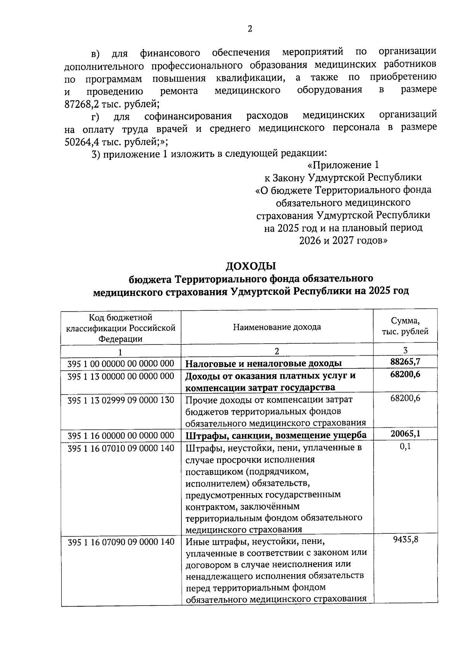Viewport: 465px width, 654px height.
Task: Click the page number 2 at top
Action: tap(250, 29)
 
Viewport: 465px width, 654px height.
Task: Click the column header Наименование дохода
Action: tap(277, 327)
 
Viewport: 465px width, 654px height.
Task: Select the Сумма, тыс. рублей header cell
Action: tap(405, 326)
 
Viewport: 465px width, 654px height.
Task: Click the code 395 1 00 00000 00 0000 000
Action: tap(121, 363)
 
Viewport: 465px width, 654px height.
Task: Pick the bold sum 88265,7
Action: tap(405, 362)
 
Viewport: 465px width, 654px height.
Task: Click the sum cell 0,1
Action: tap(406, 446)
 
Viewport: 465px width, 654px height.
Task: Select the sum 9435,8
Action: tap(405, 540)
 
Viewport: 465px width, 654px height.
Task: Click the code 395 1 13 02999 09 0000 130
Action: tap(121, 400)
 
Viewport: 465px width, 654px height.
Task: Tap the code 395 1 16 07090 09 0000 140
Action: tap(121, 542)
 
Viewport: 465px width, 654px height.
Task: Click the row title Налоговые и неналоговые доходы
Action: tap(263, 363)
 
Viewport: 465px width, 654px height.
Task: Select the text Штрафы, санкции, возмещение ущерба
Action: tap(276, 435)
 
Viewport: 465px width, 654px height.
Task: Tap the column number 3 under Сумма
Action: tap(405, 350)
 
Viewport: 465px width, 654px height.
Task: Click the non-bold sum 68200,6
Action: tap(405, 398)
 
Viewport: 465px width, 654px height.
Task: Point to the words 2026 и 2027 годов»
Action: tap(343, 240)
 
